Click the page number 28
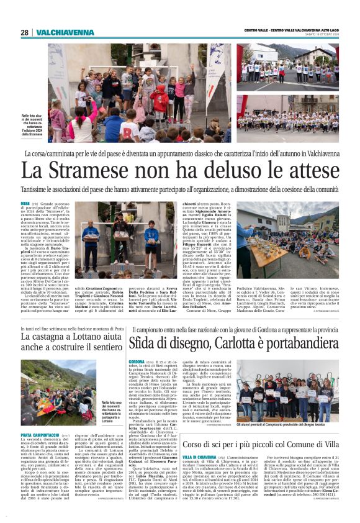coord(25,32)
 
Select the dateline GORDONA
coord(136,361)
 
